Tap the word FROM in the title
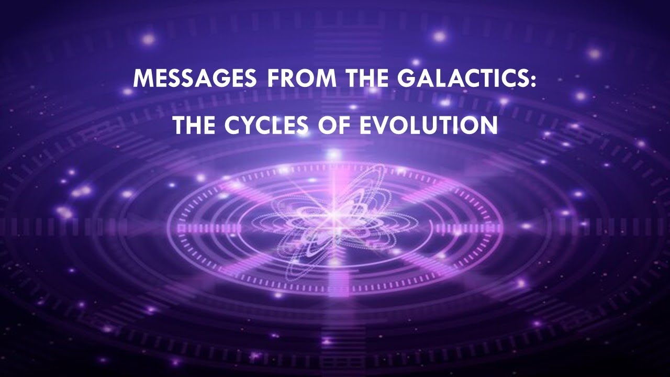pos(288,79)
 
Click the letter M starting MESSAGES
pos(143,79)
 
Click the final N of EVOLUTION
pos(487,125)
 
